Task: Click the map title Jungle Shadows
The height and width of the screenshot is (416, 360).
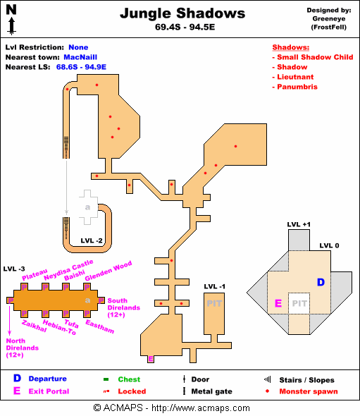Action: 182,13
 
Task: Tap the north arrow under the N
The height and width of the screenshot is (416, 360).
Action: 11,26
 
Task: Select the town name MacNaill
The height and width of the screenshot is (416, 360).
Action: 80,57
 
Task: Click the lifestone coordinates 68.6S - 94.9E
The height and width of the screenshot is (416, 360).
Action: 81,67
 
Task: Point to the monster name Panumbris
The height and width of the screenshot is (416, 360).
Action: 297,87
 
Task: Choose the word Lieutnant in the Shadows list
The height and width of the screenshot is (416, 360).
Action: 295,77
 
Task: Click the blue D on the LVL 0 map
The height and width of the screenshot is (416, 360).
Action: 321,282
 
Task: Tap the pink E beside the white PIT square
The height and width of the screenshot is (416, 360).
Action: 278,303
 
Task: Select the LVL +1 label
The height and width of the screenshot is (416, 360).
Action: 299,224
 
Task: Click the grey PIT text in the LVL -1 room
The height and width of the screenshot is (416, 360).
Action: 214,303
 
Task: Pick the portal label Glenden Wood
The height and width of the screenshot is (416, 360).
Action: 108,271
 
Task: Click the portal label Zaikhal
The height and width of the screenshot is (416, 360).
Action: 35,326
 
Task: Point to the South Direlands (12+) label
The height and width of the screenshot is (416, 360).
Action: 123,307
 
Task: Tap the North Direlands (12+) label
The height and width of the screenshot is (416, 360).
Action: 23,348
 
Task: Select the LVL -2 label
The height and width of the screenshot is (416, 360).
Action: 92,241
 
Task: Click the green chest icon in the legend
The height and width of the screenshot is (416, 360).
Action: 106,379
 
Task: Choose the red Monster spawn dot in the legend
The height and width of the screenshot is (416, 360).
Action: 267,391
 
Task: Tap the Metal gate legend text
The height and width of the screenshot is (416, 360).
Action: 211,391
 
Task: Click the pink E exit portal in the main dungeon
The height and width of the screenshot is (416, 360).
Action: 151,359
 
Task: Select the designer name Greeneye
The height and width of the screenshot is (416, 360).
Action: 329,19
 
